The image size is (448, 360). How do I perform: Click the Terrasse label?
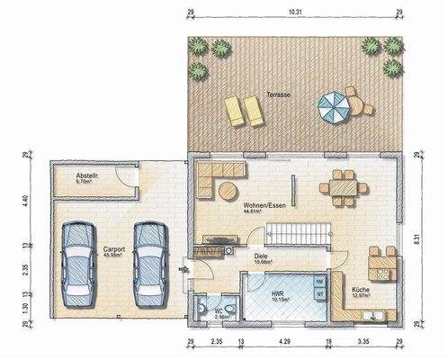click(x=279, y=94)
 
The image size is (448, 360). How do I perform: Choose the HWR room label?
click(x=278, y=293)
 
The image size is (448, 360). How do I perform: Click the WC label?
click(x=219, y=314)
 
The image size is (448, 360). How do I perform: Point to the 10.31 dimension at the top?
click(x=293, y=12)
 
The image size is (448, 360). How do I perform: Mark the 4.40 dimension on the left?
click(x=25, y=202)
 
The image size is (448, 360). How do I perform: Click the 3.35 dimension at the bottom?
click(x=363, y=343)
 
